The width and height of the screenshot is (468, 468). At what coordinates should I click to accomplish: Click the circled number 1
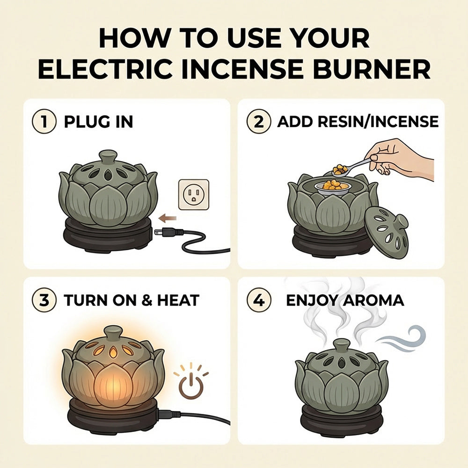point(44,122)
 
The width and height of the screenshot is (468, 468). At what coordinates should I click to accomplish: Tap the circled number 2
point(259,122)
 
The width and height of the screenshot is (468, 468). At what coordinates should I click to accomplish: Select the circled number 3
point(44,300)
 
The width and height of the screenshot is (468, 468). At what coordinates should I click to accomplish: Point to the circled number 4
point(259,300)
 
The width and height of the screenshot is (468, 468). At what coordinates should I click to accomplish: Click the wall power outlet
point(193,194)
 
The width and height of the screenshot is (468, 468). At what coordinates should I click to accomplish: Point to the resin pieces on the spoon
point(340,169)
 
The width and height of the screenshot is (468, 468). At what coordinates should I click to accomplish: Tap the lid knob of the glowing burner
point(114,333)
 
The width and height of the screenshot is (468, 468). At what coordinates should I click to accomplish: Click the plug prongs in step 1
point(158,231)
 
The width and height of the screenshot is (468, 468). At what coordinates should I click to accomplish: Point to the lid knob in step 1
point(108,156)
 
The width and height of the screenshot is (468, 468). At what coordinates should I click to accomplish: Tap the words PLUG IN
point(98,122)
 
